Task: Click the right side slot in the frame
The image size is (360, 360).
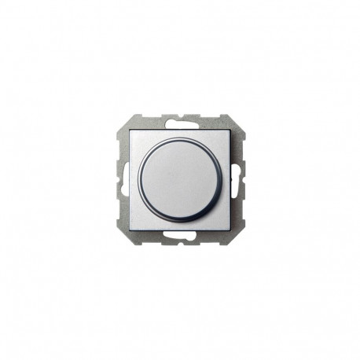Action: pyautogui.click(x=238, y=180)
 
